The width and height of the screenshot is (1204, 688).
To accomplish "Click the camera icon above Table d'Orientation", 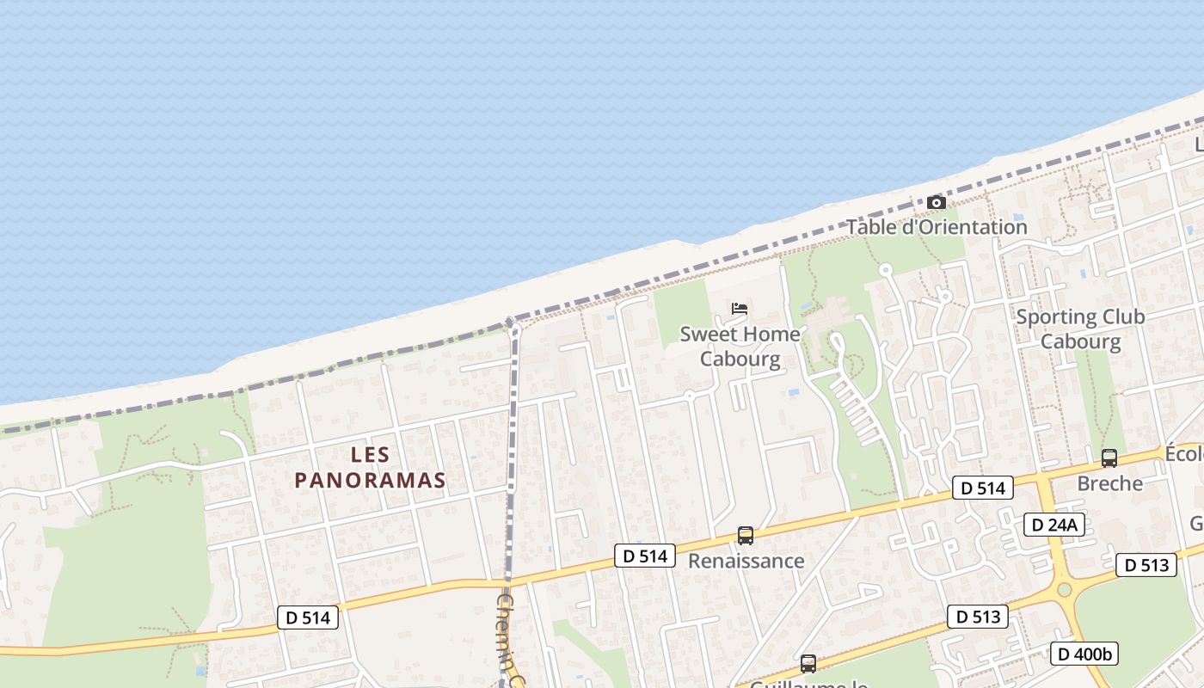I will (937, 203).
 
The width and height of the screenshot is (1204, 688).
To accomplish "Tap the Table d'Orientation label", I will (937, 227).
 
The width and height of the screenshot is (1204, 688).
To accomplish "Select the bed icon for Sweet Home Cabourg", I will (739, 309).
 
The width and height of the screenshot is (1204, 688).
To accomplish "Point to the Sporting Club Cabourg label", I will (1080, 329).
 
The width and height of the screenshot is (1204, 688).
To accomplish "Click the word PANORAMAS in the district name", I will (370, 480).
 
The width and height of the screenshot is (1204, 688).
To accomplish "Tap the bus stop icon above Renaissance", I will (746, 536).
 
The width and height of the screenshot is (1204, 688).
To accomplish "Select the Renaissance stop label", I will (746, 561).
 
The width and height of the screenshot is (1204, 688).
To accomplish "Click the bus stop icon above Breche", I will (1109, 458).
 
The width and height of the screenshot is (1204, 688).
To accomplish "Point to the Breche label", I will (1109, 483).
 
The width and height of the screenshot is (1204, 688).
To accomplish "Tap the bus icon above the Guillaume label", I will (808, 663).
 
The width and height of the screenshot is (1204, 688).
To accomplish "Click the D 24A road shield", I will (1053, 525).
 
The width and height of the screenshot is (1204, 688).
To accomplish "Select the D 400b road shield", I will (1084, 654).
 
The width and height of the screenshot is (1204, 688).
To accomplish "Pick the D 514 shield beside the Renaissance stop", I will (645, 556).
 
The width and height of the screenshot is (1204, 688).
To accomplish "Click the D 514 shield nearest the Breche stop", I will (982, 488).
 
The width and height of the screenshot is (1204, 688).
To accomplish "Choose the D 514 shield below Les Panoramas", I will (309, 617).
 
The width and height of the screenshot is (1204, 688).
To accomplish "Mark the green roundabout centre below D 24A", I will (1065, 589).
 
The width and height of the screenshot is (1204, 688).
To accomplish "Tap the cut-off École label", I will (1184, 453).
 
